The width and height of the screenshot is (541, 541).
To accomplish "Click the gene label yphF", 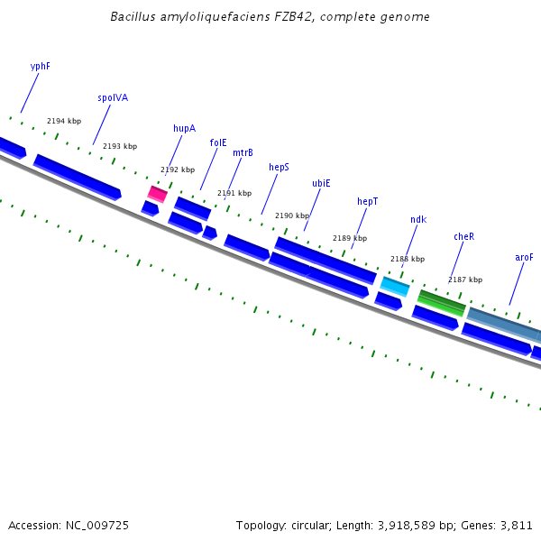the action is [40, 67].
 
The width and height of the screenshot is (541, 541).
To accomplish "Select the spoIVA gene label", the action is [113, 98].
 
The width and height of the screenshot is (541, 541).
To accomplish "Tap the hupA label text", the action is [184, 129].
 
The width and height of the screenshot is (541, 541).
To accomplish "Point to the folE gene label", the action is [218, 142].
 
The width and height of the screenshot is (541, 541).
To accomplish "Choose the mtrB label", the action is [243, 153].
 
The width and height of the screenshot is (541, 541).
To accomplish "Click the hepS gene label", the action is [279, 167].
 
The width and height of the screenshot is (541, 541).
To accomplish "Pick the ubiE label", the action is [321, 183].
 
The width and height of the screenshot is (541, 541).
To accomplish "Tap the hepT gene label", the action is [367, 202].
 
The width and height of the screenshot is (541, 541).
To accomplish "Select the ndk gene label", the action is [417, 220].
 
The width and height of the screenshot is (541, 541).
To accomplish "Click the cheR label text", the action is [463, 237].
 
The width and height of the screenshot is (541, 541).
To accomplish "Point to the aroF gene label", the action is [524, 258].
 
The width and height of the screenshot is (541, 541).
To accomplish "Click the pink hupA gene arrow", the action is [158, 194].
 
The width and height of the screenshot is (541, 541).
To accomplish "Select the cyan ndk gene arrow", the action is [395, 287].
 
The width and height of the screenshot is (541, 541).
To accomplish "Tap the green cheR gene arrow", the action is [442, 303].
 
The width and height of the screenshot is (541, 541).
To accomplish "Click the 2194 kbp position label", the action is [64, 122].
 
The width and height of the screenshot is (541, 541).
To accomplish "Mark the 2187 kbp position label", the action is [465, 280].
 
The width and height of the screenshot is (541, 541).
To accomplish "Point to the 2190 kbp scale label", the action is [292, 216].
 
